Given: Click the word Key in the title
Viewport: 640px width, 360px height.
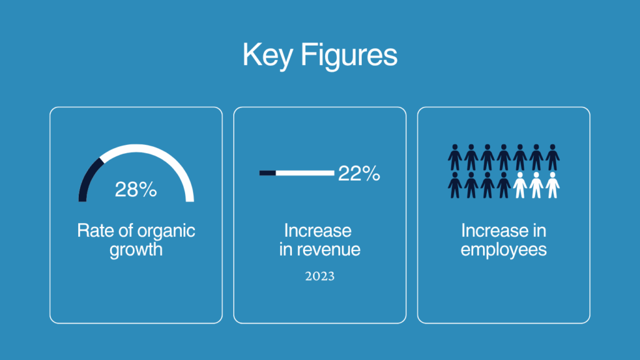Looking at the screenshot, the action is tap(267, 55).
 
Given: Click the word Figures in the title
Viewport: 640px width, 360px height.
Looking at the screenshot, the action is tap(349, 55).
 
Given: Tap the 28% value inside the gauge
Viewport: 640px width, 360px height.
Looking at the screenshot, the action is tap(136, 189).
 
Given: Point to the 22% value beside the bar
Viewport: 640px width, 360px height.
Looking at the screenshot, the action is tap(359, 174).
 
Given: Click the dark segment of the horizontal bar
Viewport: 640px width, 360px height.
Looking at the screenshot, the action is tap(267, 173).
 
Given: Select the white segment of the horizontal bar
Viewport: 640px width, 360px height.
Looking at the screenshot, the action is tap(305, 173).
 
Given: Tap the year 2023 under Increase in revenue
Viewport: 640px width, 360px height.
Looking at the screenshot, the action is tap(319, 276).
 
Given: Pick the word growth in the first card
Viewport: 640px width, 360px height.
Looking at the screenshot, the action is tap(136, 250).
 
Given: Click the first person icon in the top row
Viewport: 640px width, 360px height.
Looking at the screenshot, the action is tap(455, 157).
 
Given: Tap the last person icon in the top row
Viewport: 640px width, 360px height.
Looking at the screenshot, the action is tap(552, 157).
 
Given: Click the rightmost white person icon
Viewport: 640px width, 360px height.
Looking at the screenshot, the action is tap(552, 185).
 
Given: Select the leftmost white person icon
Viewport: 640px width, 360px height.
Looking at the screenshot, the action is tap(520, 185).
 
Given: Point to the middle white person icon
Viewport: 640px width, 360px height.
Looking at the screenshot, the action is tap(536, 185).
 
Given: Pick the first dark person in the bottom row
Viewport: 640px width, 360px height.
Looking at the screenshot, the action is tap(455, 185).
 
